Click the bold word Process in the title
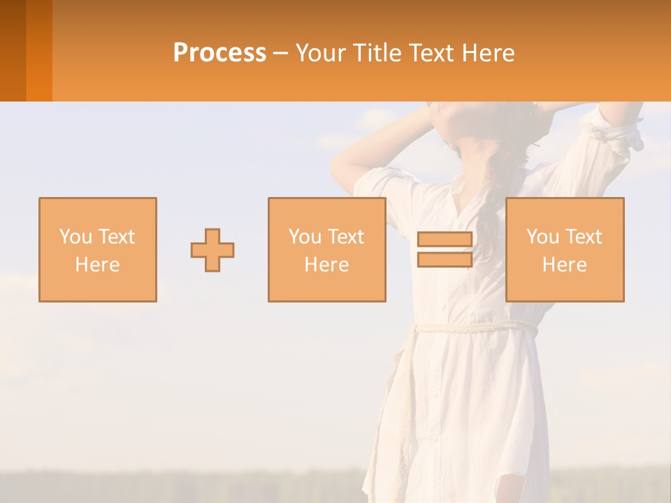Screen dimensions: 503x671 pos(219,53)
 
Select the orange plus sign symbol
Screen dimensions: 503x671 pos(212,250)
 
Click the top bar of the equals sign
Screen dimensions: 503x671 pos(445,240)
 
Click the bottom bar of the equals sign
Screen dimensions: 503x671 pos(445,260)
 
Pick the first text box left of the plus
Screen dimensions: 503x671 pos(98,250)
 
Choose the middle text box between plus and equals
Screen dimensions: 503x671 pos(327,250)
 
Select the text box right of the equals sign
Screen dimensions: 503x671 pos(565,250)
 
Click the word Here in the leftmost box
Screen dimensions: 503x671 pos(97,265)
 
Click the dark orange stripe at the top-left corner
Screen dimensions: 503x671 pos(13,49)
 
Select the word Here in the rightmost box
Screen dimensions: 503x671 pos(564,265)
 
